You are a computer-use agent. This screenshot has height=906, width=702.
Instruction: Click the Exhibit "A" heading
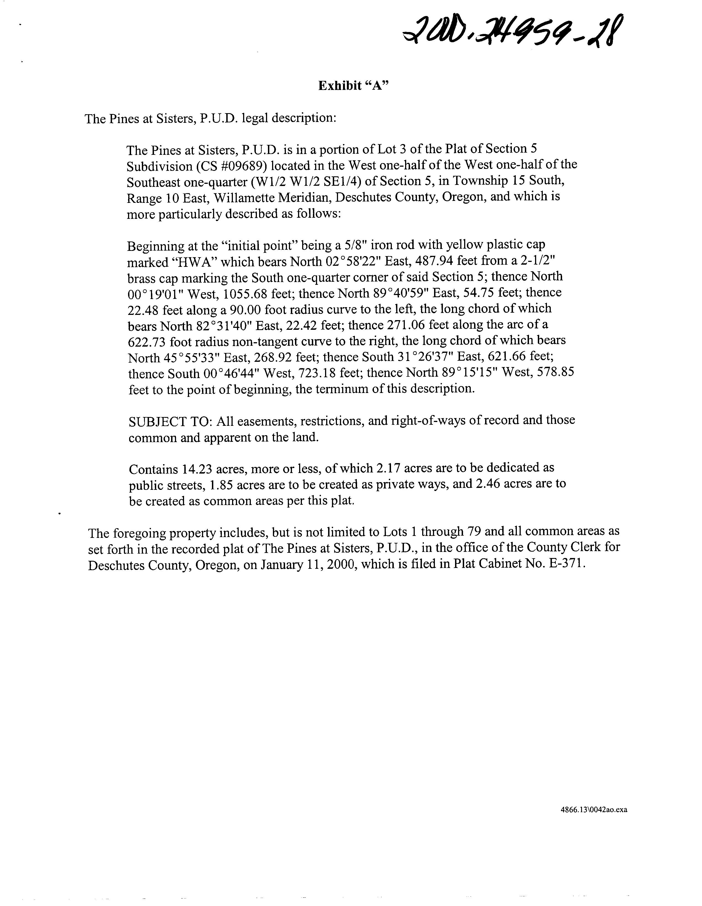353,86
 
